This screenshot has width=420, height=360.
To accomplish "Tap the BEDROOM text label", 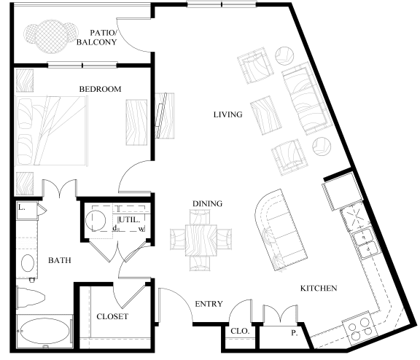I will pos(100,89).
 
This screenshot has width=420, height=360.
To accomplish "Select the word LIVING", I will pos(227,114).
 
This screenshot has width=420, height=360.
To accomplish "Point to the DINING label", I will pos(208,203).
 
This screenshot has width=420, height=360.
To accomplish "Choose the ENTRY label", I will pos(209,304).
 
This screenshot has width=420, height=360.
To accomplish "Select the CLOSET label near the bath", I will pos(112,316).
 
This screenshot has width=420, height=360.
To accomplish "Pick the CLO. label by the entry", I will pos(241,330).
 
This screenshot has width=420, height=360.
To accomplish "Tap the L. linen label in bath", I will pos(22,208).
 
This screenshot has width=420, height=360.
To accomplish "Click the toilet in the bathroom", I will pos(34,296).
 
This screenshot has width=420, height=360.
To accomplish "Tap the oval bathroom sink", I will pos(29,262).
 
